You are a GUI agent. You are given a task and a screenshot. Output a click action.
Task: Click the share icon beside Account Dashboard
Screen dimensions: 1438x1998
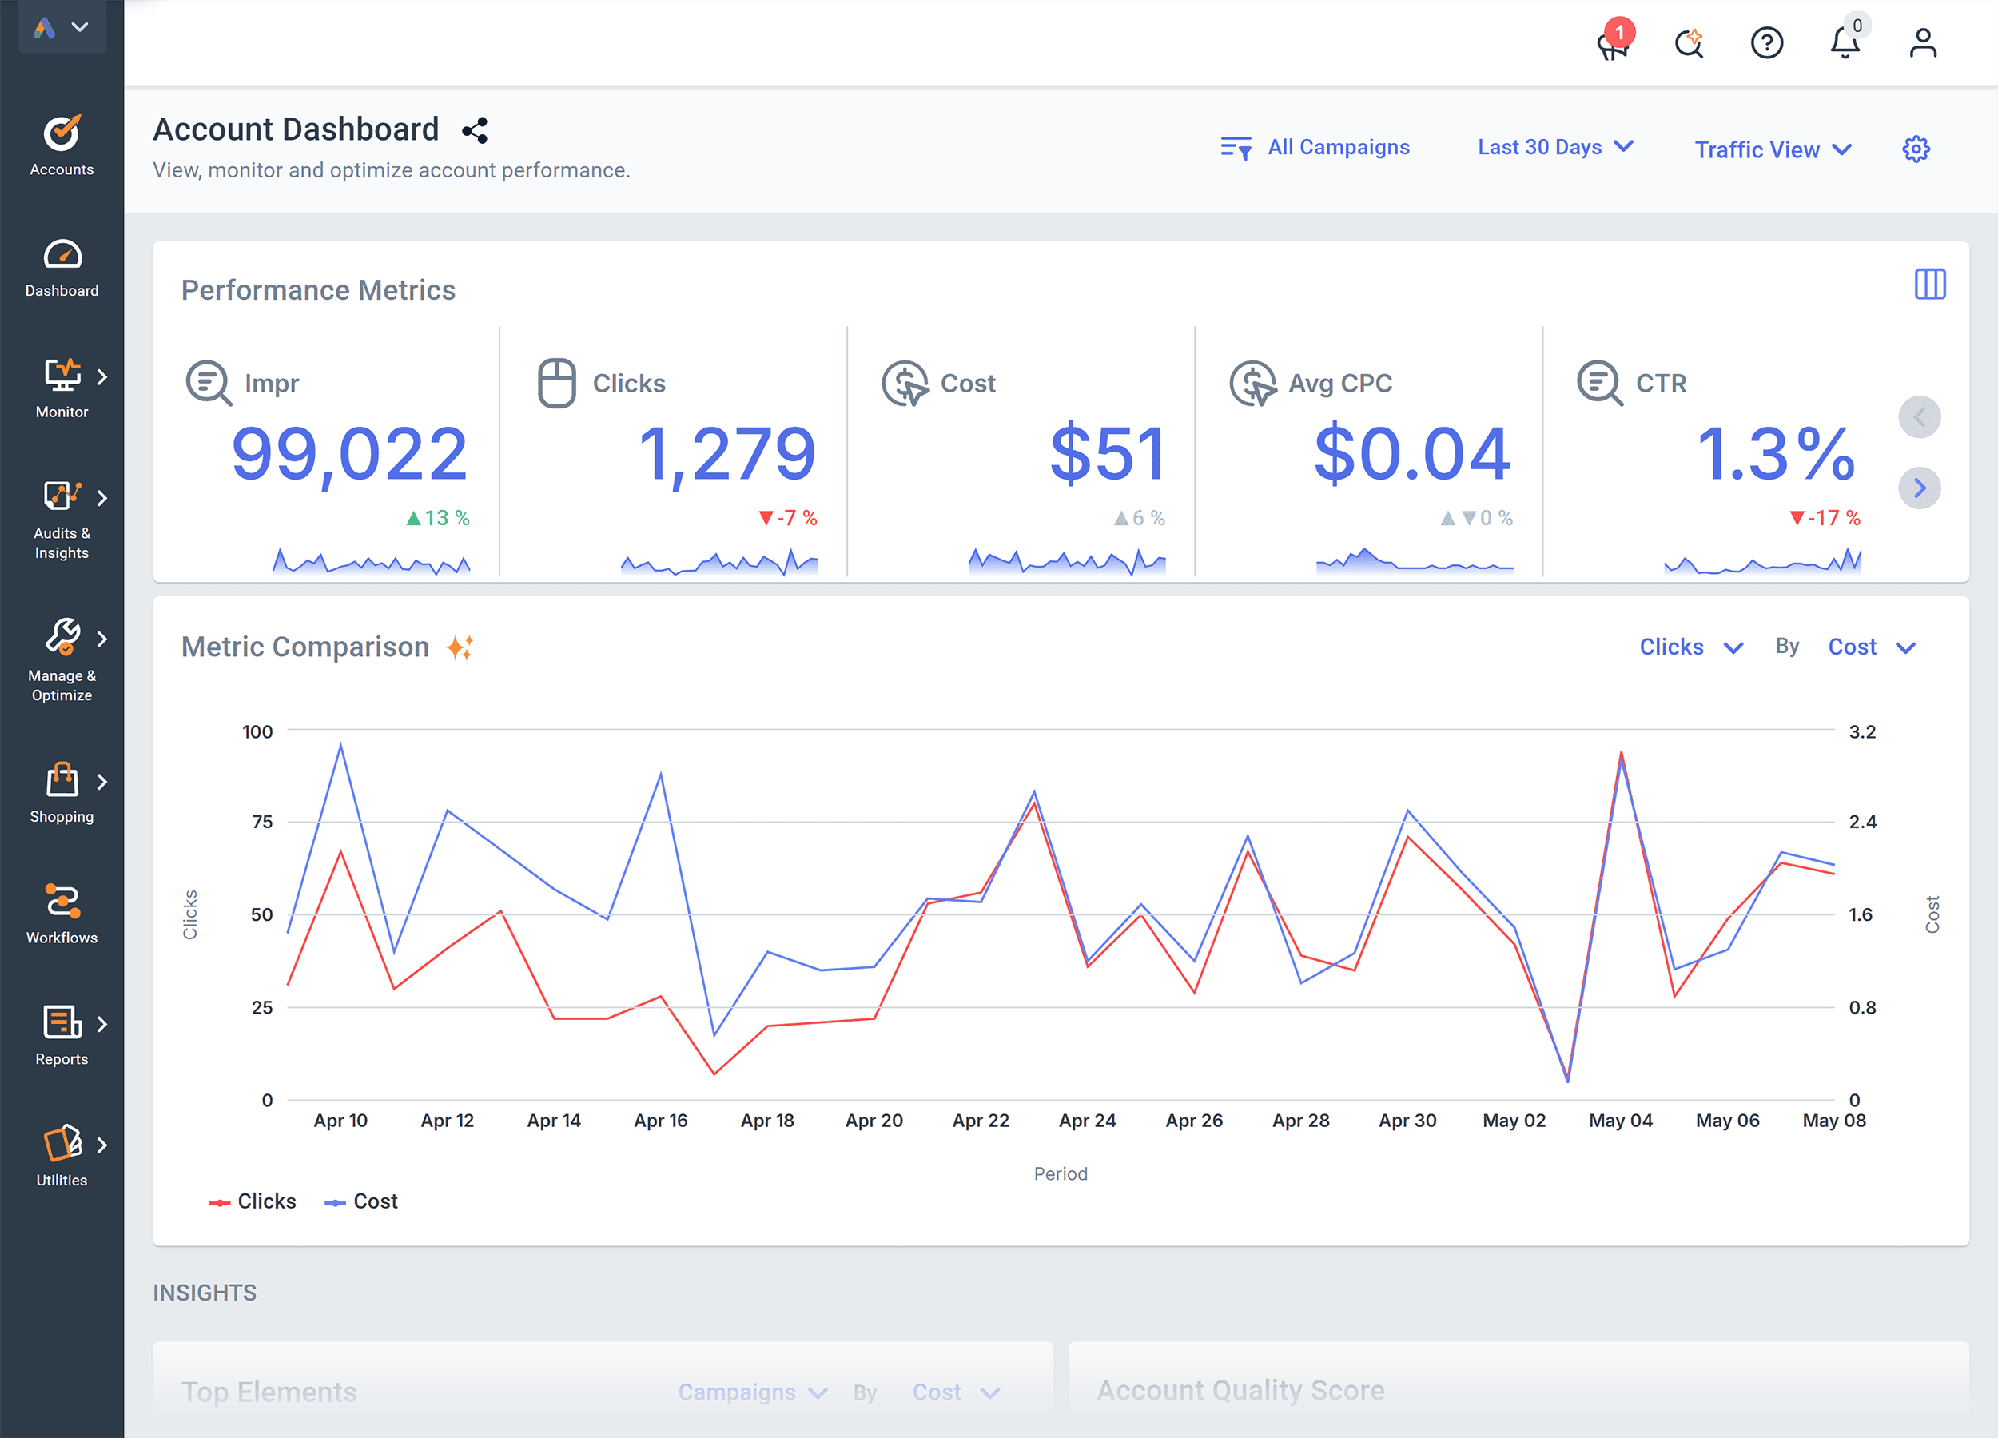(475, 131)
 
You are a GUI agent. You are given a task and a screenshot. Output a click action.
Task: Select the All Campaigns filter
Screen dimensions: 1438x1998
(1315, 147)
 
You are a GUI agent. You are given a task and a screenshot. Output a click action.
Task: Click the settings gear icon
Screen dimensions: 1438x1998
(1915, 149)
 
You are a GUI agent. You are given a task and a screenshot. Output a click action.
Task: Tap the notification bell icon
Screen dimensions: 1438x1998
(1844, 42)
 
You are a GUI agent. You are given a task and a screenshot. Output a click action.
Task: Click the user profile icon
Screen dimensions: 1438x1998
(1922, 42)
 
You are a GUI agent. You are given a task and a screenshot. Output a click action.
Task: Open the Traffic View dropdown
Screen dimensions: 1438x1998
(1772, 149)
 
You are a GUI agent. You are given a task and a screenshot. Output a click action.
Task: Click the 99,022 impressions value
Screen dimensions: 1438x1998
(349, 455)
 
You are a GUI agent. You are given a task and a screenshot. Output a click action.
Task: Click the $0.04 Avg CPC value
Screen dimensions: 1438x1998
(1412, 455)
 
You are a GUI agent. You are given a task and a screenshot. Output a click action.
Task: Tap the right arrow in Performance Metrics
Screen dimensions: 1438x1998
(1919, 488)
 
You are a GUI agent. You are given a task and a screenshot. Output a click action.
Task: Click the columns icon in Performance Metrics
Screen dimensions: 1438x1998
(1929, 285)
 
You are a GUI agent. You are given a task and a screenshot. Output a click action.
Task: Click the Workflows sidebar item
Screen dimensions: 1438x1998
(62, 914)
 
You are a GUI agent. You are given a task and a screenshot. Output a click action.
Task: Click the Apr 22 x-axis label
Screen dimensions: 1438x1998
(981, 1121)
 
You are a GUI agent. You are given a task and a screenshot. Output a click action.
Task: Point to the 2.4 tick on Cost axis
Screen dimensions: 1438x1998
(1861, 822)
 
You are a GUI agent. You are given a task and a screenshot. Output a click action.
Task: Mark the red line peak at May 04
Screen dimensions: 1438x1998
(1621, 753)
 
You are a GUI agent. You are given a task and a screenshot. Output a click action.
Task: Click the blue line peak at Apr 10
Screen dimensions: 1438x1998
(341, 744)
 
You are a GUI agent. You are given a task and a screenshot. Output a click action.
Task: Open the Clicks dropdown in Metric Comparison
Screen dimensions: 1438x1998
(1690, 647)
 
